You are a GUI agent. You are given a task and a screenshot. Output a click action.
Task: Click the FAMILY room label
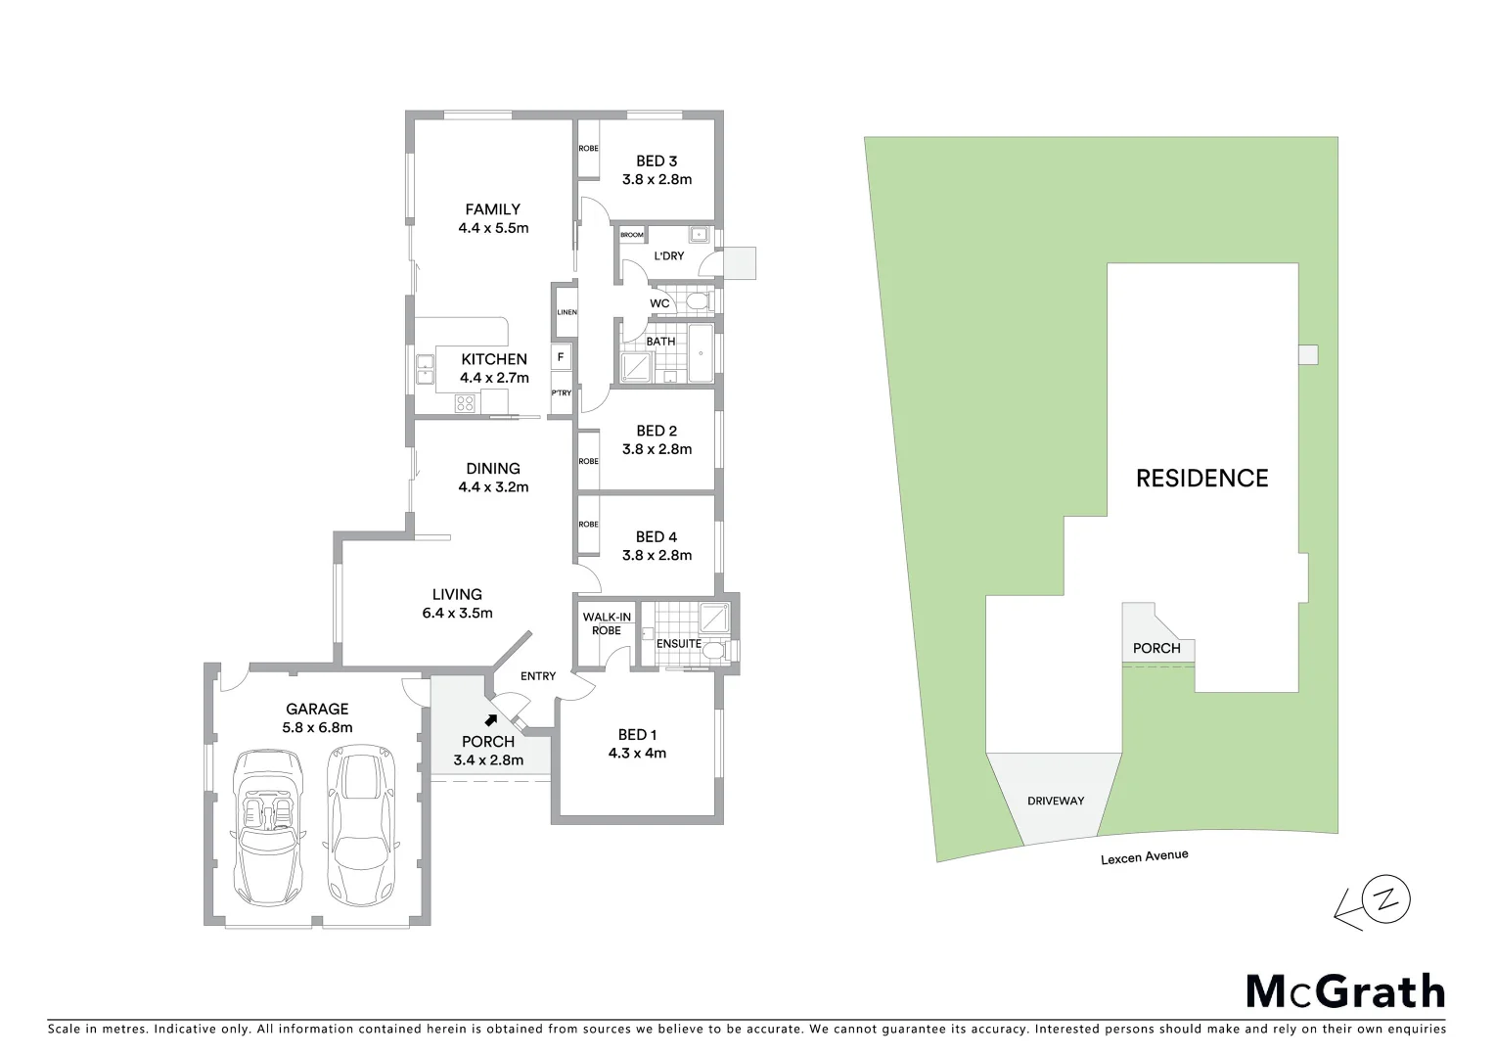click(x=492, y=208)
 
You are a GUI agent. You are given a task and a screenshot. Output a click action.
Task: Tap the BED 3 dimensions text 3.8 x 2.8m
click(x=657, y=179)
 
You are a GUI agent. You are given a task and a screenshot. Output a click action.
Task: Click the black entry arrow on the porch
click(x=503, y=719)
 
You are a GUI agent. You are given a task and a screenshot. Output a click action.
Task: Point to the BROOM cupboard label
click(x=632, y=235)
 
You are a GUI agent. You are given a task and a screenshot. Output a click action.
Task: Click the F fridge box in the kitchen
click(x=561, y=357)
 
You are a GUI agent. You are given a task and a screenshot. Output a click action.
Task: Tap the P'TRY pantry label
click(x=561, y=393)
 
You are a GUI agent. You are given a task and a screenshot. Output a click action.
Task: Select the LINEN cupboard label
click(x=566, y=312)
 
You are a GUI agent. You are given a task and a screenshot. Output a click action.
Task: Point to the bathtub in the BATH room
click(x=702, y=353)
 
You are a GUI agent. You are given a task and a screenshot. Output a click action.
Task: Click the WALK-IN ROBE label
click(x=607, y=623)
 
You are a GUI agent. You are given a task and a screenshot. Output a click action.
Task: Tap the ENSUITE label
click(x=678, y=643)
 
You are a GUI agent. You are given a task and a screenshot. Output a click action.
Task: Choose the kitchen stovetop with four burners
click(x=465, y=401)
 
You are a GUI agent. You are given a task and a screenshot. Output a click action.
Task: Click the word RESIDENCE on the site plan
click(x=1201, y=478)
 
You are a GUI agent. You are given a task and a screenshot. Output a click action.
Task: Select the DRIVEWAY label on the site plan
click(x=1056, y=801)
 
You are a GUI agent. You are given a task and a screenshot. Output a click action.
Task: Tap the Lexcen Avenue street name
click(x=1144, y=857)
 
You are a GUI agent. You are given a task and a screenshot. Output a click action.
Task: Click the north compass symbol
click(x=1389, y=898)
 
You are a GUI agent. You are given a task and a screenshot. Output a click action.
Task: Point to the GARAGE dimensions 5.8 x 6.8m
click(x=317, y=727)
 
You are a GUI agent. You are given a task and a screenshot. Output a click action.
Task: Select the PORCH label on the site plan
click(x=1156, y=648)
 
